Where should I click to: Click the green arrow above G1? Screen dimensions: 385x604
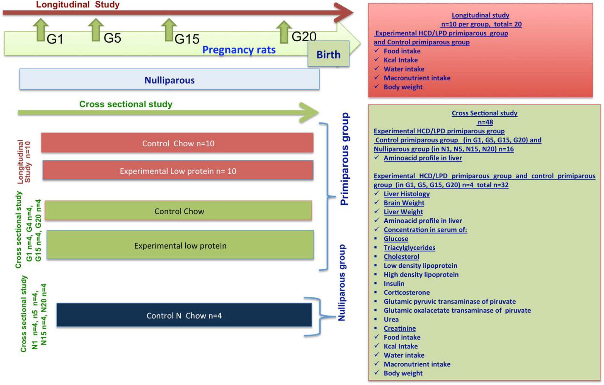pyautogui.click(x=41, y=30)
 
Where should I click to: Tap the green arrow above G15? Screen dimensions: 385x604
pyautogui.click(x=169, y=30)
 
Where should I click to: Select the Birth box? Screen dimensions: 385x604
pyautogui.click(x=328, y=54)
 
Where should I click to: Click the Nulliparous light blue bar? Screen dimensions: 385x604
pyautogui.click(x=169, y=80)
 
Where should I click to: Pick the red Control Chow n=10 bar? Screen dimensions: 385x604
pyautogui.click(x=177, y=143)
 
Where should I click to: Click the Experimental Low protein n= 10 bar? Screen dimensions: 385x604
pyautogui.click(x=178, y=170)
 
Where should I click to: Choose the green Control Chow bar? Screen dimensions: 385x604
pyautogui.click(x=178, y=211)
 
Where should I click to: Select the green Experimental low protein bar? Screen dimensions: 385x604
pyautogui.click(x=180, y=245)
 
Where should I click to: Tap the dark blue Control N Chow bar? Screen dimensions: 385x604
pyautogui.click(x=184, y=315)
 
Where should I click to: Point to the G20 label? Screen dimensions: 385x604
pyautogui.click(x=304, y=37)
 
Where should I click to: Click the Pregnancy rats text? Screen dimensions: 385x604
pyautogui.click(x=239, y=50)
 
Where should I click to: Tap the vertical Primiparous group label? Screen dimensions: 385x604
pyautogui.click(x=345, y=159)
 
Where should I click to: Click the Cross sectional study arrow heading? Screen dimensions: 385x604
pyautogui.click(x=126, y=104)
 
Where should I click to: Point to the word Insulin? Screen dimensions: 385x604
pyautogui.click(x=394, y=284)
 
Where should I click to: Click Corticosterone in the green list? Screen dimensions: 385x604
pyautogui.click(x=406, y=292)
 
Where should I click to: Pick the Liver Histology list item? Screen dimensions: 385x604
pyautogui.click(x=406, y=194)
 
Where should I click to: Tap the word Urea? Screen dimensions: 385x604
pyautogui.click(x=391, y=319)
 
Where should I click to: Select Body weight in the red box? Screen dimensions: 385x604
pyautogui.click(x=403, y=87)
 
